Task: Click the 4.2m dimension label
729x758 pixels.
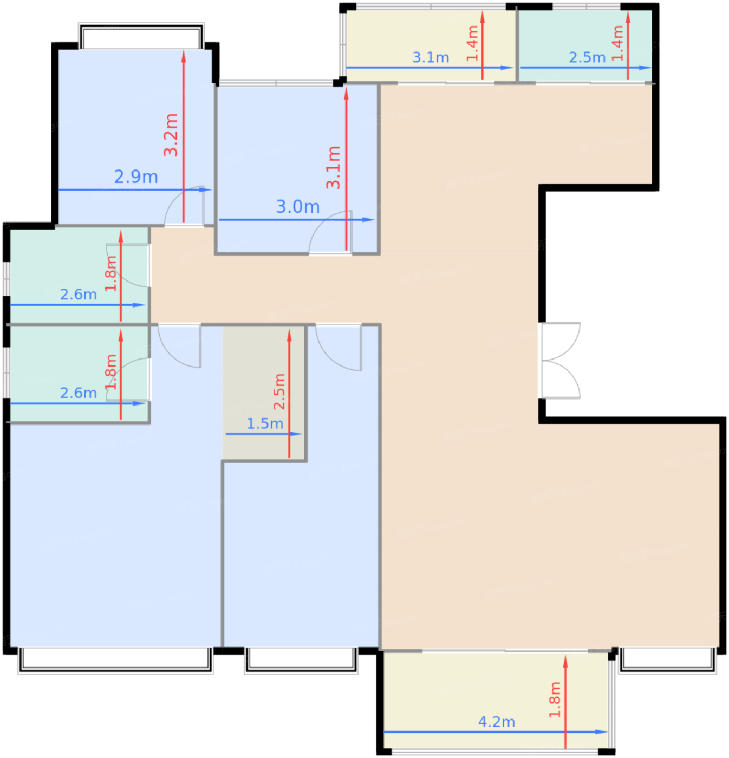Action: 496,722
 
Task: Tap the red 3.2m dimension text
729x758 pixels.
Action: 171,135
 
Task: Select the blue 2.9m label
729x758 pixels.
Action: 135,177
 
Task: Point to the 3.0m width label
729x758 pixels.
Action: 298,206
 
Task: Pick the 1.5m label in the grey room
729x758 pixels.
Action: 265,423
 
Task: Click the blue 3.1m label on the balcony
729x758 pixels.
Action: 431,57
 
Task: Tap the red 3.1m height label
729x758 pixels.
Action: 333,167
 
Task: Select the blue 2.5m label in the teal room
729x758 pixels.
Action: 587,57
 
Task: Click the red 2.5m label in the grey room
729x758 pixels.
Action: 279,391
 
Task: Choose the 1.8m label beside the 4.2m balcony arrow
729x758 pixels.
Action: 555,700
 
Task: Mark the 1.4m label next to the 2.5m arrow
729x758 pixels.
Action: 617,43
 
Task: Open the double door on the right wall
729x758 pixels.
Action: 560,360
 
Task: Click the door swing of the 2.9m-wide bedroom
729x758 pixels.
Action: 184,206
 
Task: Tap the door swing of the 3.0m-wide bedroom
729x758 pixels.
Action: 330,232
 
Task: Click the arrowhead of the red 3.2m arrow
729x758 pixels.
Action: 184,56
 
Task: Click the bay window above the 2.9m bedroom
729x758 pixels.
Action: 141,36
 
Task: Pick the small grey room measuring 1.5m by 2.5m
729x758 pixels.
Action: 264,393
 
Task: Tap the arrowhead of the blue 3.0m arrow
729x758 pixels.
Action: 368,220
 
